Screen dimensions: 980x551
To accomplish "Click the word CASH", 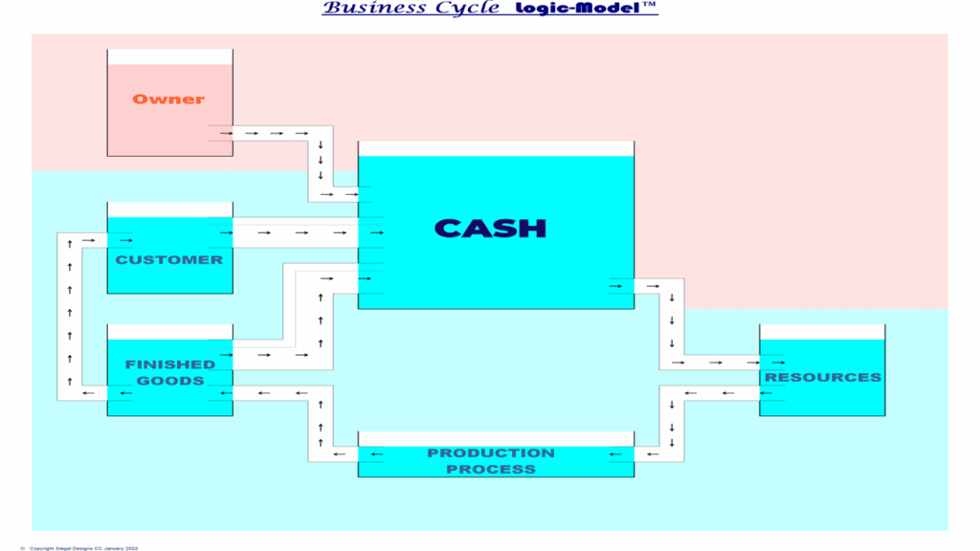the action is click(490, 229).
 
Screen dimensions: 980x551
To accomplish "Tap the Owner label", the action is click(168, 99).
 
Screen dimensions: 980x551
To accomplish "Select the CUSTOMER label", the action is click(168, 260).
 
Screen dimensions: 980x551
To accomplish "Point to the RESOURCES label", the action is click(822, 377).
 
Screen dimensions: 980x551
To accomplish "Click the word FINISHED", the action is click(170, 364).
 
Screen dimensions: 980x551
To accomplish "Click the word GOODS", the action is click(170, 381).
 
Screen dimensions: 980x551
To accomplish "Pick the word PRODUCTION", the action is click(491, 452).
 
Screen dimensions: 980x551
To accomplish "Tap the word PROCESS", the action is click(491, 469).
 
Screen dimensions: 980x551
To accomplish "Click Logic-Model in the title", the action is click(577, 8).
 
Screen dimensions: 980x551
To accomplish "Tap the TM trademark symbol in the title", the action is click(649, 5).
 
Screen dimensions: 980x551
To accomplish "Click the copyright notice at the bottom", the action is click(79, 548).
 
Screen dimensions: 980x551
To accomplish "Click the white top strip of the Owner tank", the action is click(170, 56).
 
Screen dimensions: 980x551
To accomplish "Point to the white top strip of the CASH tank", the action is click(497, 148).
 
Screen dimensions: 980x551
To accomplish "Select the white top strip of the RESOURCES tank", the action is click(822, 332).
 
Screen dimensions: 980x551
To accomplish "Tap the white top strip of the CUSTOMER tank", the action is click(170, 209).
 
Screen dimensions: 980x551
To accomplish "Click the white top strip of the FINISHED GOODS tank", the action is click(170, 332).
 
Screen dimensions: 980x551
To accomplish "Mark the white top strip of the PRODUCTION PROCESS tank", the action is click(497, 439).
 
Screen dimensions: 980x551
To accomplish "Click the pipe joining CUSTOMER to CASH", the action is click(296, 232).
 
